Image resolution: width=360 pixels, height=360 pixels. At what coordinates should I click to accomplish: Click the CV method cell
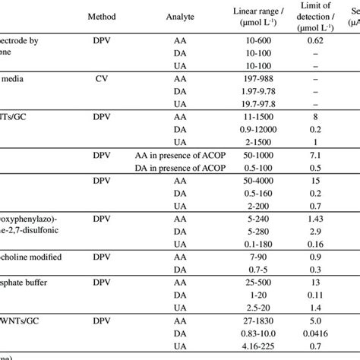click(x=106, y=77)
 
